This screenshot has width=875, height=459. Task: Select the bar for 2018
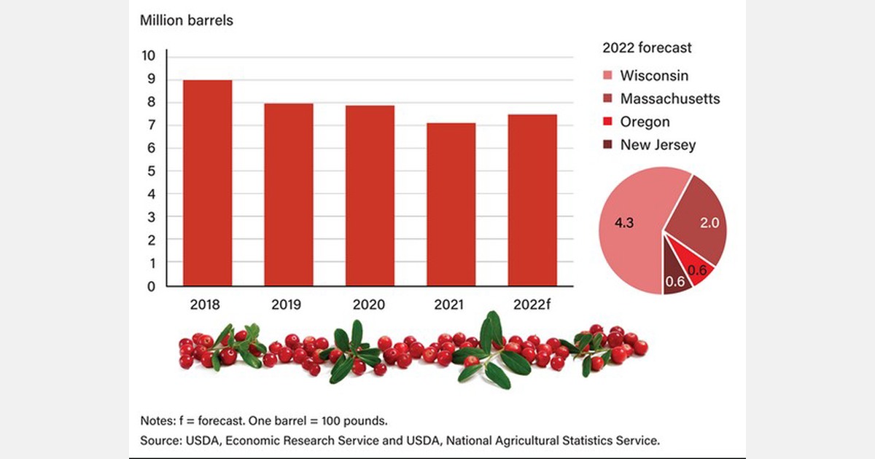click(x=207, y=183)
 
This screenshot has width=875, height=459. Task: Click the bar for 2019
click(x=289, y=195)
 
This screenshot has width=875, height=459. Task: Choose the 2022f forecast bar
click(x=532, y=200)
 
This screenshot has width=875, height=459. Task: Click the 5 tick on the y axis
click(x=152, y=171)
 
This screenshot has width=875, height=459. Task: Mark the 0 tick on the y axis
click(x=152, y=286)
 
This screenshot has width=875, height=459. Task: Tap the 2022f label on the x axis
click(x=532, y=304)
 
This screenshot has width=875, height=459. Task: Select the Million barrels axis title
click(x=186, y=20)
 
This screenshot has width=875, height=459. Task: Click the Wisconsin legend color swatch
click(x=607, y=76)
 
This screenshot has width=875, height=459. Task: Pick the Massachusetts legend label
click(x=669, y=98)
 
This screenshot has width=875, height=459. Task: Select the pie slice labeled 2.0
click(x=700, y=219)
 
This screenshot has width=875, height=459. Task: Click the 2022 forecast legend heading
click(x=647, y=48)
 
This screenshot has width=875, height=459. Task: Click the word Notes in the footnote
click(x=157, y=421)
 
